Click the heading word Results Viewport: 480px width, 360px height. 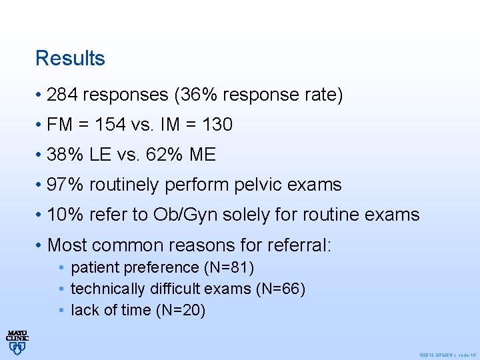pos(70,58)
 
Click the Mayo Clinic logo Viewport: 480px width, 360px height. pos(17,341)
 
